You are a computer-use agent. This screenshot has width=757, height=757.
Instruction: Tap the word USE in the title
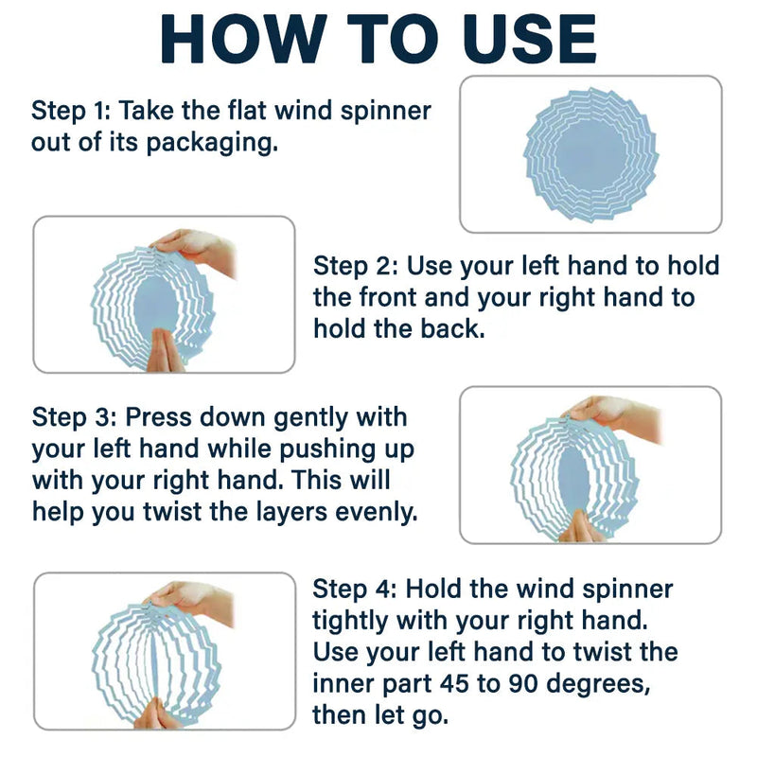[529, 40]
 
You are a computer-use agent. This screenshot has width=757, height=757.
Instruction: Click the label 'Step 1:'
[71, 111]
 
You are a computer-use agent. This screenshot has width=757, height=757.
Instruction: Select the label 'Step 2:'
[356, 266]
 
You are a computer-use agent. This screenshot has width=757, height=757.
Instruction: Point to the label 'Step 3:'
[75, 417]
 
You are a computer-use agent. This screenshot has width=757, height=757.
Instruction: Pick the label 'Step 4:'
[354, 589]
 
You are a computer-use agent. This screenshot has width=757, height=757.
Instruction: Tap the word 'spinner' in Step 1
[386, 112]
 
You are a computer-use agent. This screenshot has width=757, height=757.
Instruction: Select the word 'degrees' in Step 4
[599, 684]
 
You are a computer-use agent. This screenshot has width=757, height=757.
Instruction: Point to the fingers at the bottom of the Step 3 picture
[582, 527]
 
